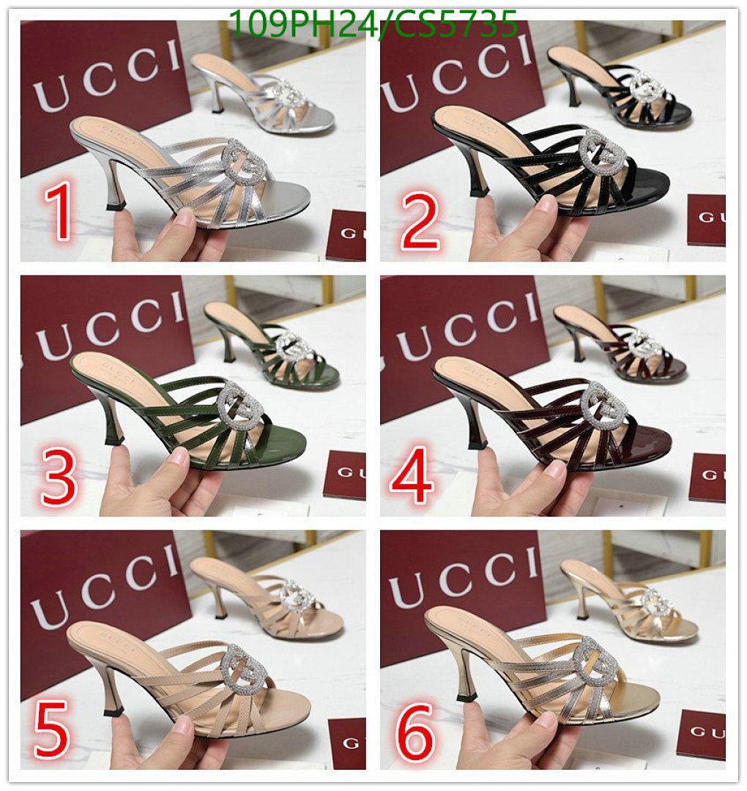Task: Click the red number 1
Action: [59, 212]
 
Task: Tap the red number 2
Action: [420, 217]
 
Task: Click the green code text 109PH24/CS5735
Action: [373, 23]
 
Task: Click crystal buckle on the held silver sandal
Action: [245, 161]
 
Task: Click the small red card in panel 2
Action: [706, 219]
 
